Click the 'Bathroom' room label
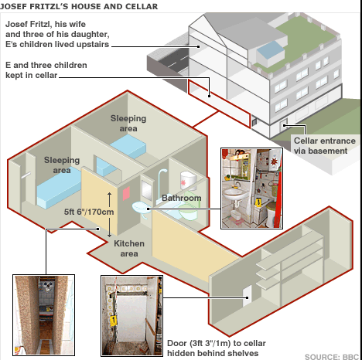coord(182,198)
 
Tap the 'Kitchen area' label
coord(129,249)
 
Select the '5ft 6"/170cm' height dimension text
coord(89,212)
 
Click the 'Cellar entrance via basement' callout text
coord(325,146)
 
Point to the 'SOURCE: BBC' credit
coord(332,357)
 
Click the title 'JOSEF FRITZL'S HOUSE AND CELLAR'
coord(79,6)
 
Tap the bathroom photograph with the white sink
coord(251,188)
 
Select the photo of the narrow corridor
coord(43,315)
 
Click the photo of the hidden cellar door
coord(131,316)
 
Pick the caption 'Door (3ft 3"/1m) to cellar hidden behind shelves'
coord(217,348)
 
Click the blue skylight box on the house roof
coord(270,53)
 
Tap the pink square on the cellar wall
coord(126,194)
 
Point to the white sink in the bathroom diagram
coord(141,209)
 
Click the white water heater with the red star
coord(189,180)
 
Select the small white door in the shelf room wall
coord(247,296)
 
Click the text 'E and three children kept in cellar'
coord(46,70)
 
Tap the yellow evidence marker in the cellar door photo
coord(113,321)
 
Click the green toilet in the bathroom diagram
coord(190,207)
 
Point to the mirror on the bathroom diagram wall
coord(147,190)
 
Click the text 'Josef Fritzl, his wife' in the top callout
coord(46,24)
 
